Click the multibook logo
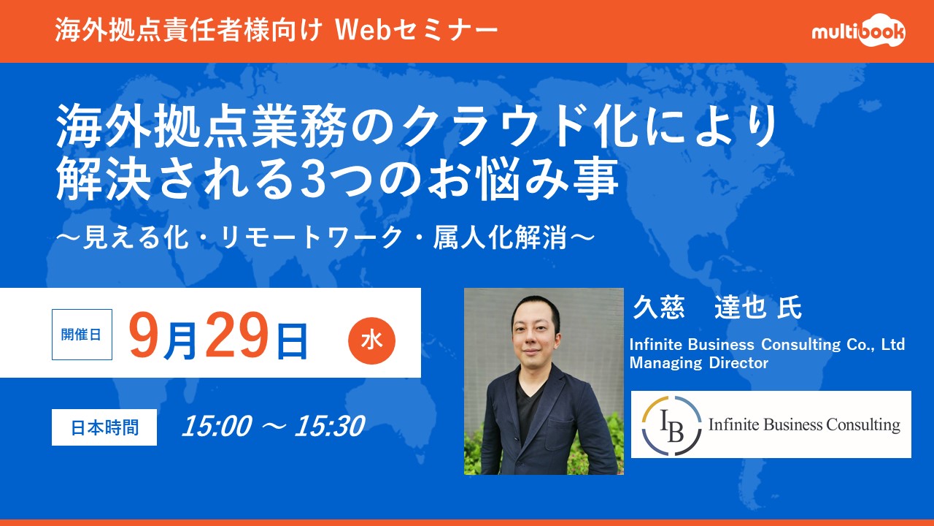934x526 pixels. pos(859,31)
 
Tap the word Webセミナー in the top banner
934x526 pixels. pos(417,30)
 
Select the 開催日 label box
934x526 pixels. pos(82,335)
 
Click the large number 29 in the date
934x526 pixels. pos(237,335)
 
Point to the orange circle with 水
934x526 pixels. pos(371,340)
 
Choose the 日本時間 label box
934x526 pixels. pos(104,427)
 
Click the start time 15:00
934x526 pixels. pos(217,426)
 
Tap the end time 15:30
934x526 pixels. pos(330,426)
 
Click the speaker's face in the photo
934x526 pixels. pos(536,333)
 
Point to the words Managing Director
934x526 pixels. pos(699,363)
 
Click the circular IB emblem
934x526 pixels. pos(671,425)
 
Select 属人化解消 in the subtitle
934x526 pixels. pos(500,238)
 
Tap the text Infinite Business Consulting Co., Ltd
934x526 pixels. pos(767,344)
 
